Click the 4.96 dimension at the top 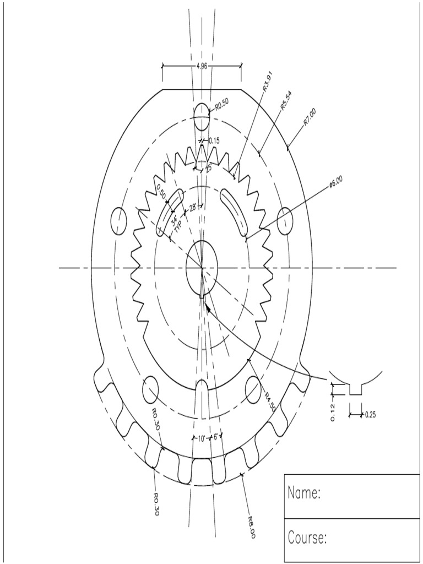pos(202,66)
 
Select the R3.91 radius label pos(268,81)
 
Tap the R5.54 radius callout pos(286,101)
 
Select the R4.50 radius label pos(269,402)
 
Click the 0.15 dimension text pos(214,141)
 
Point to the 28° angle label pos(193,208)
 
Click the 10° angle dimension pos(202,438)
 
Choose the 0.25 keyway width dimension pos(370,415)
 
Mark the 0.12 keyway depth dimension pos(333,412)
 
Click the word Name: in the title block pos(304,493)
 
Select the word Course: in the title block pos(307,538)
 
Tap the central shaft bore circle pos(202,268)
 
